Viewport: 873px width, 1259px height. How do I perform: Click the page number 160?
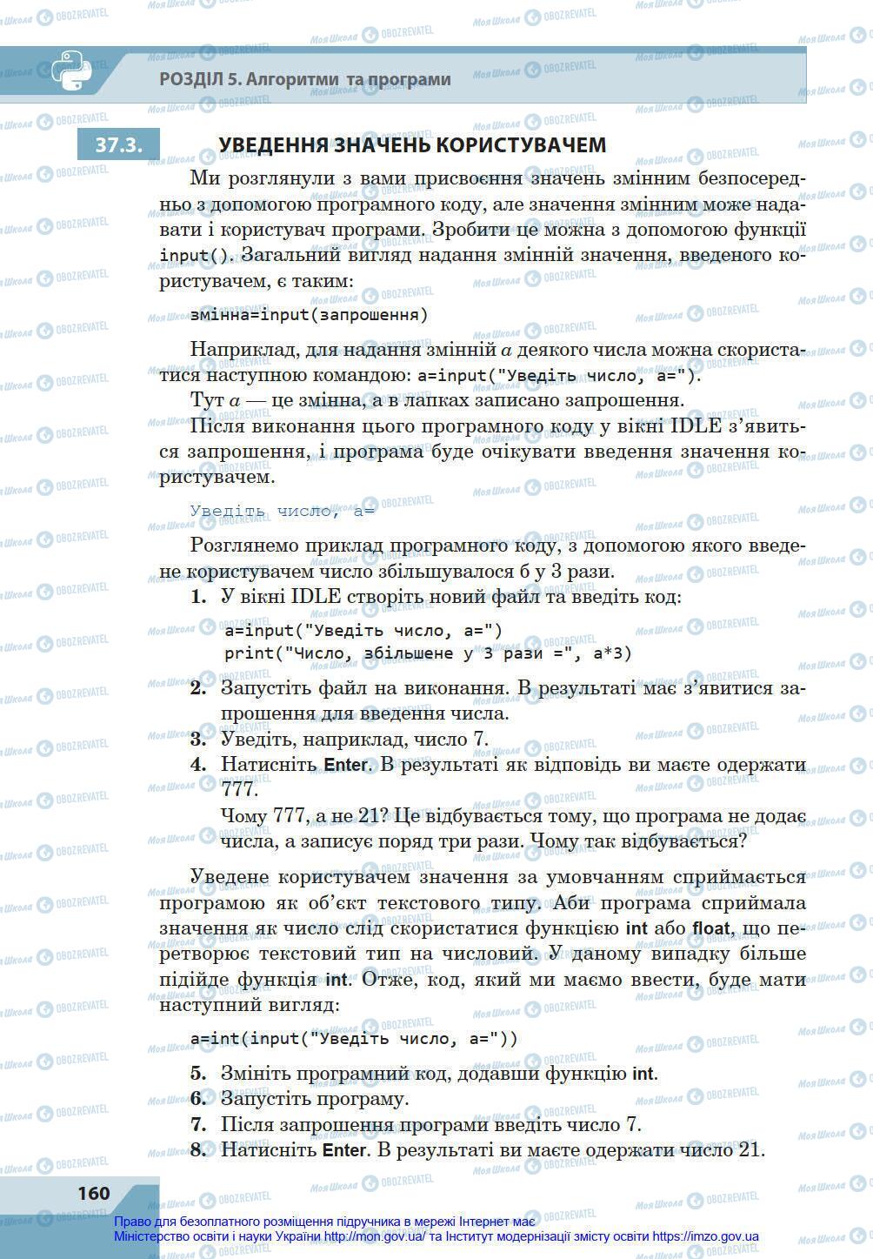93,1193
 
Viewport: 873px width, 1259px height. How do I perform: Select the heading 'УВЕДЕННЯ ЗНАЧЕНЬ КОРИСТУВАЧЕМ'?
411,145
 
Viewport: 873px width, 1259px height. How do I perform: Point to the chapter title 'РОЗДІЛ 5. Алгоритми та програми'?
305,80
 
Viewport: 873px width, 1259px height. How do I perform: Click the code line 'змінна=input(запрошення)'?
309,315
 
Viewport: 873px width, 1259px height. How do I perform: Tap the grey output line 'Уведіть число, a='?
282,511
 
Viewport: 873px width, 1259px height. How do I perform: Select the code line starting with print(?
428,653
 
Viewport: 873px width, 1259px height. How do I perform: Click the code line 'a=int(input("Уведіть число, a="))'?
354,1038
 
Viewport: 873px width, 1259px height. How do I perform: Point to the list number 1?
197,597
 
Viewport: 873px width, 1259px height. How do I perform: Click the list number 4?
198,765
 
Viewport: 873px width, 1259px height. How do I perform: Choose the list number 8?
198,1149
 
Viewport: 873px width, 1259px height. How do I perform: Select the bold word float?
710,928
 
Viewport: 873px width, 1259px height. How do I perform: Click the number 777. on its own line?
240,789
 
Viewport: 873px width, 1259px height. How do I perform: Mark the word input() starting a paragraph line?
197,256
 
